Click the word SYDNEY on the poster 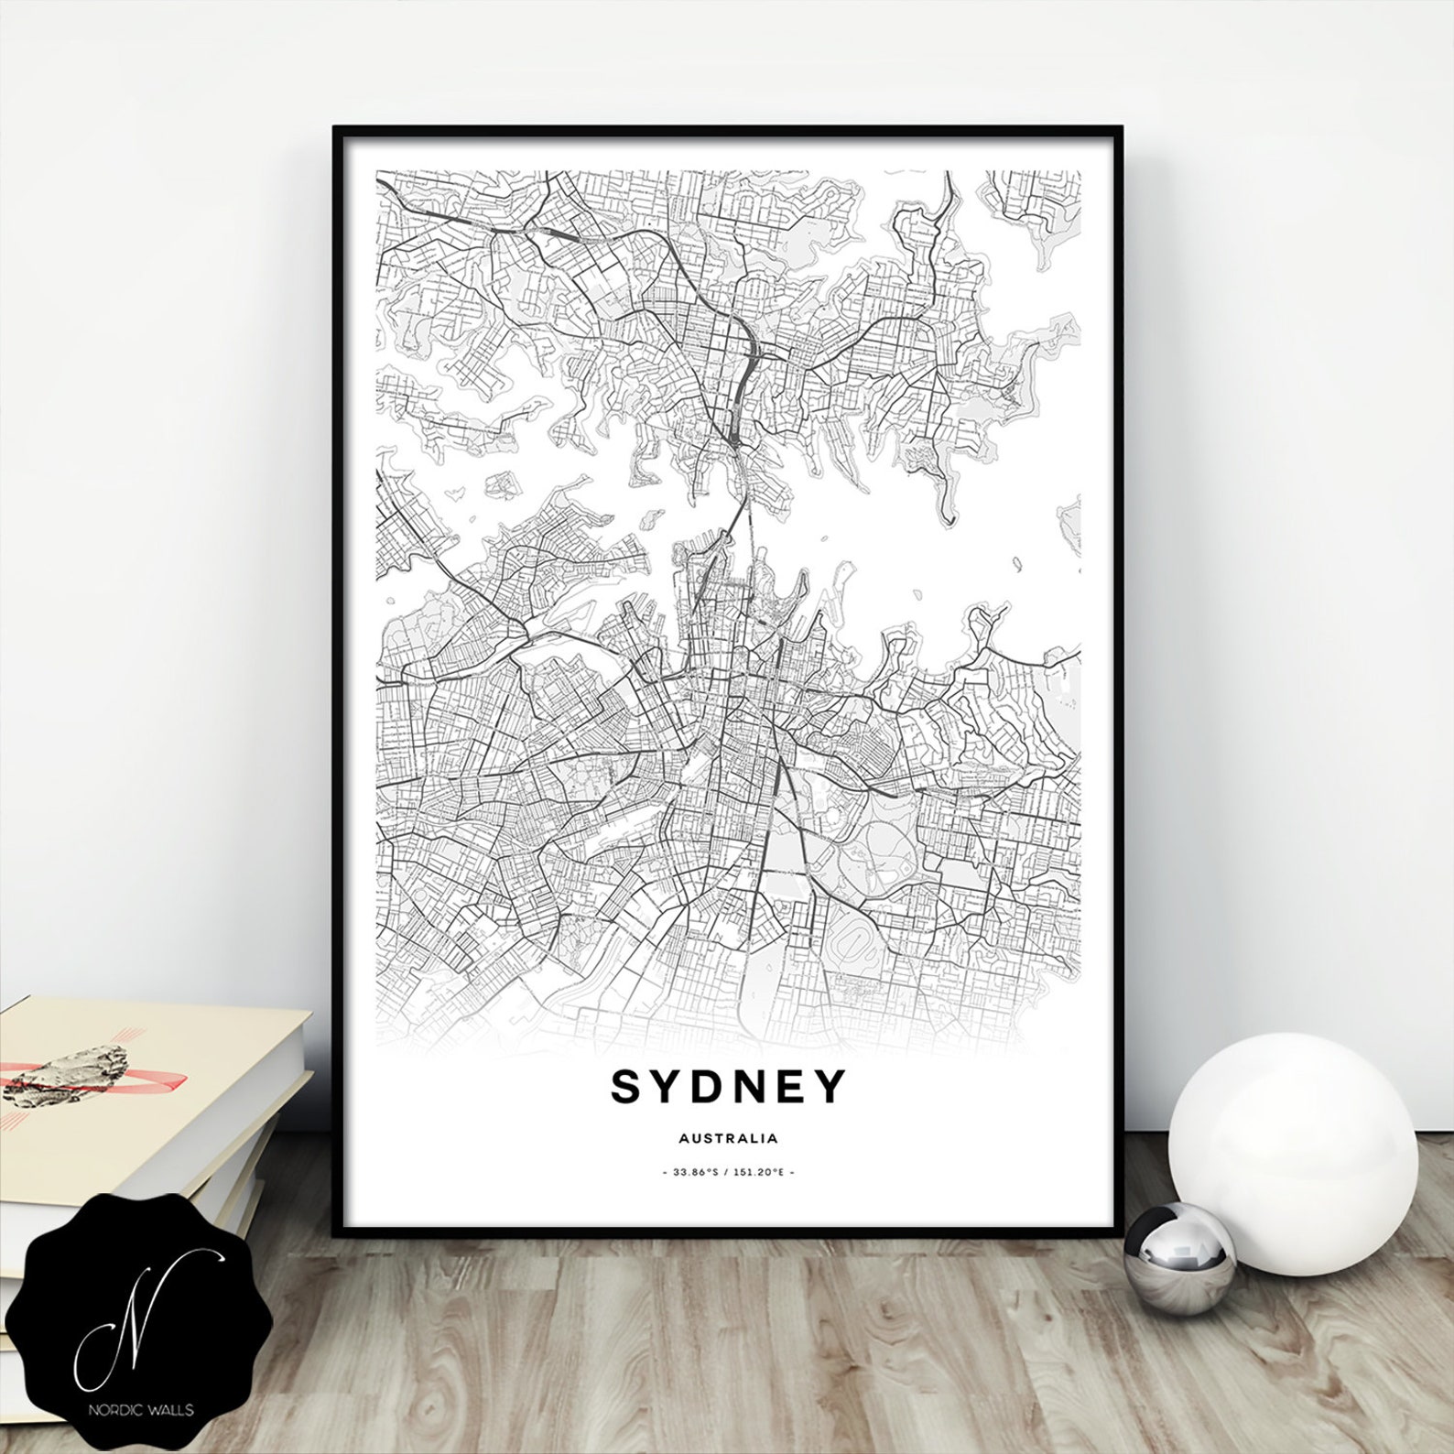pos(728,1087)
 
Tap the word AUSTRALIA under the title pos(729,1139)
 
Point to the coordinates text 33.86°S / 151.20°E pos(728,1172)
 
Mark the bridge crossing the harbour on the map pos(738,513)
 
